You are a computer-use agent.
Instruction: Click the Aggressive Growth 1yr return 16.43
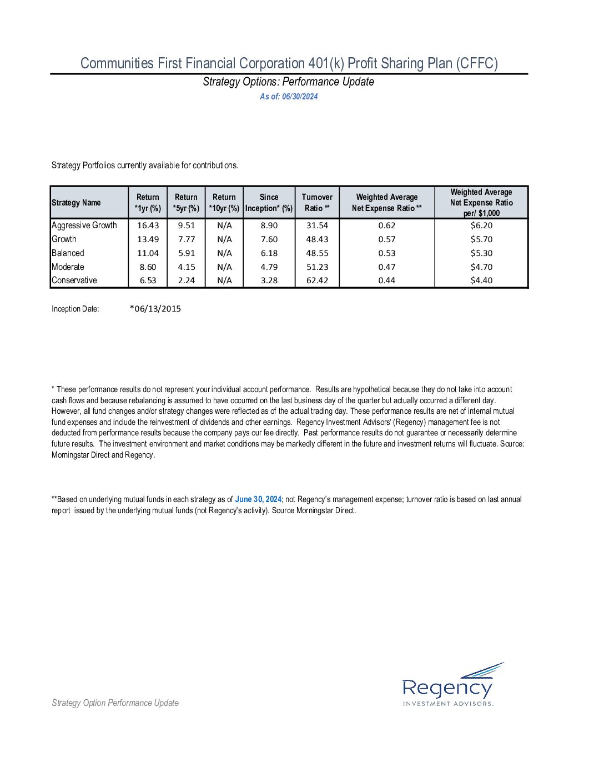point(148,225)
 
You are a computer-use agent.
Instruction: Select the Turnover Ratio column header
point(317,203)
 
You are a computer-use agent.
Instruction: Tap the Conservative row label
point(74,280)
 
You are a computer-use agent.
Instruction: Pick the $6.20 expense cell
point(481,225)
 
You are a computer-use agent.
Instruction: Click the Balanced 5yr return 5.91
point(187,253)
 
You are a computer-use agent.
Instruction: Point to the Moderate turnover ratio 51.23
point(317,267)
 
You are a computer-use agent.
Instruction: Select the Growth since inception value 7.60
point(269,239)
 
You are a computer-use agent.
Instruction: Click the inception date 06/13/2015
point(155,309)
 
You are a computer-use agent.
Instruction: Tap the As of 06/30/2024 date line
point(289,97)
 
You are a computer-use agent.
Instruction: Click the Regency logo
point(448,685)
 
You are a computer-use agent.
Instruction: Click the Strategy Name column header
point(77,203)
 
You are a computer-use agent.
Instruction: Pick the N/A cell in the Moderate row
point(224,267)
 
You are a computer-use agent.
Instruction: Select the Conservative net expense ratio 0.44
point(387,280)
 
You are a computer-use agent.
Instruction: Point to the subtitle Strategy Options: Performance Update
point(289,82)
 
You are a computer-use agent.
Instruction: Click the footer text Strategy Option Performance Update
point(115,703)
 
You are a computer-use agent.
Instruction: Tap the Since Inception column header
point(269,203)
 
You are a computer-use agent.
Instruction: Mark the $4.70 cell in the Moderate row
point(481,267)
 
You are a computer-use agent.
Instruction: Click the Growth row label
point(64,239)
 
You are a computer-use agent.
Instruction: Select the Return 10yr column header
point(224,203)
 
